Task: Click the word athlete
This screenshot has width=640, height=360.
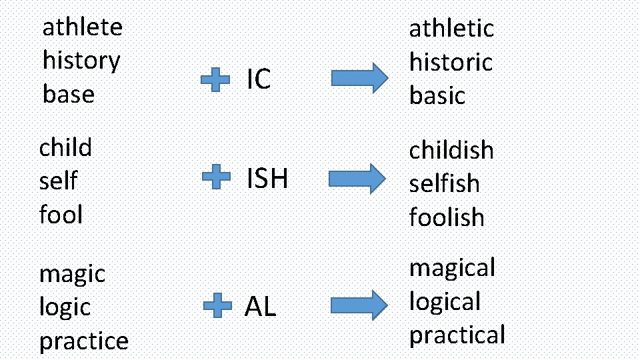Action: [x=83, y=27]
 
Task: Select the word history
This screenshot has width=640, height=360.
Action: [x=81, y=61]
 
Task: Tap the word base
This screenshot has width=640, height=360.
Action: [x=69, y=94]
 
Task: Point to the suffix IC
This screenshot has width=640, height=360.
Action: [x=259, y=79]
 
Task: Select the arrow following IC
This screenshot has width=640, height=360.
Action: [x=359, y=78]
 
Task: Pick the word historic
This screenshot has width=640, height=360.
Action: [x=451, y=62]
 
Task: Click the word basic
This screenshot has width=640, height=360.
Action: [x=437, y=95]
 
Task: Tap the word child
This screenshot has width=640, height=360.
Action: [x=65, y=147]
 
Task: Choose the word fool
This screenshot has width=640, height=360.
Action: [x=61, y=215]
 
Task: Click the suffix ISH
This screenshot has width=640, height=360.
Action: [x=267, y=179]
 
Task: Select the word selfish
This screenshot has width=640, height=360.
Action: [x=444, y=183]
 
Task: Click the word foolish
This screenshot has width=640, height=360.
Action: [x=447, y=217]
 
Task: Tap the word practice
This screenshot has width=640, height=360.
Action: [x=84, y=341]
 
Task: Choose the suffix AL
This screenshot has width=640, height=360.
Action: [x=260, y=307]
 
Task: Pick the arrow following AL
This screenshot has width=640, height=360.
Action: [x=359, y=304]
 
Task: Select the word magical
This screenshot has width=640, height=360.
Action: [x=452, y=268]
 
